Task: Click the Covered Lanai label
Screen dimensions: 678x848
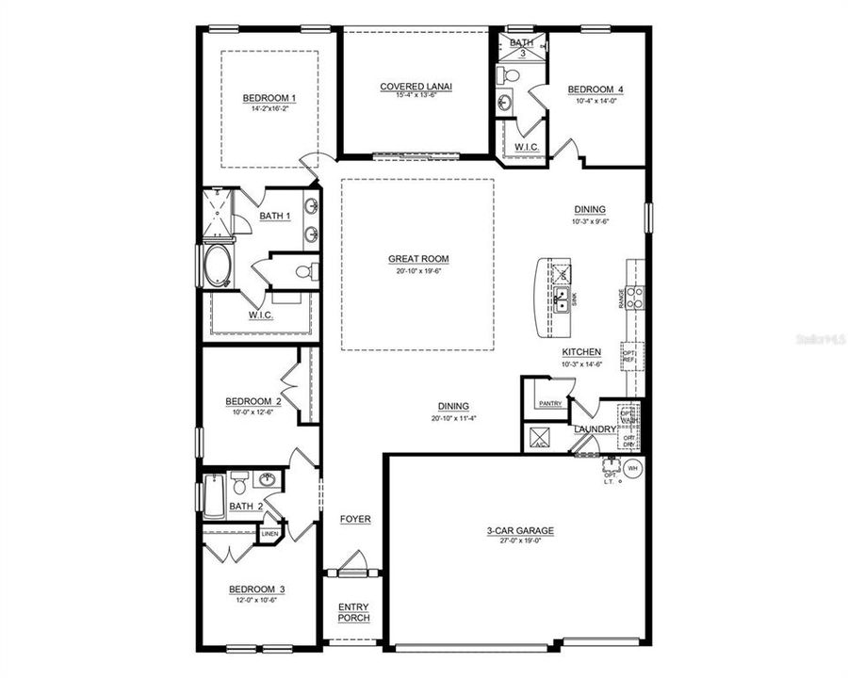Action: pos(416,87)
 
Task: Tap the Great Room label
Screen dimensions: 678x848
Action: pos(418,259)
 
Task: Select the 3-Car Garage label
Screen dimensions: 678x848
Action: pos(520,531)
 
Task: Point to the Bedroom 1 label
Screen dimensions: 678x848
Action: pos(269,98)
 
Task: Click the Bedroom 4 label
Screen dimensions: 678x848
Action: pos(595,90)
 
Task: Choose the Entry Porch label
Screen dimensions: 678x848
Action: pos(354,612)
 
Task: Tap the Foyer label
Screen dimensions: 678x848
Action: pos(355,519)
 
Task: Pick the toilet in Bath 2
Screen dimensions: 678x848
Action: pos(239,485)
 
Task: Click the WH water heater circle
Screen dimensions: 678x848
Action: pos(632,468)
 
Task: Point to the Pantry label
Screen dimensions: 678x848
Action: pos(550,404)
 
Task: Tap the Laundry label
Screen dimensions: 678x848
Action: pos(595,429)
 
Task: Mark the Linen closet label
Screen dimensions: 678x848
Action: pos(270,534)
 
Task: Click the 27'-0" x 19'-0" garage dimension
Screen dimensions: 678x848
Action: pos(520,542)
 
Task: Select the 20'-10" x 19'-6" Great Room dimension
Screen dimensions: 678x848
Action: pos(418,270)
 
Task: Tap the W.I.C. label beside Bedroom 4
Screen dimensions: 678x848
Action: pos(526,147)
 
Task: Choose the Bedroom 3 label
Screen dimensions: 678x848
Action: pos(257,590)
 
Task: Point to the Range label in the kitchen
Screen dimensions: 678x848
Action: pos(621,299)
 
